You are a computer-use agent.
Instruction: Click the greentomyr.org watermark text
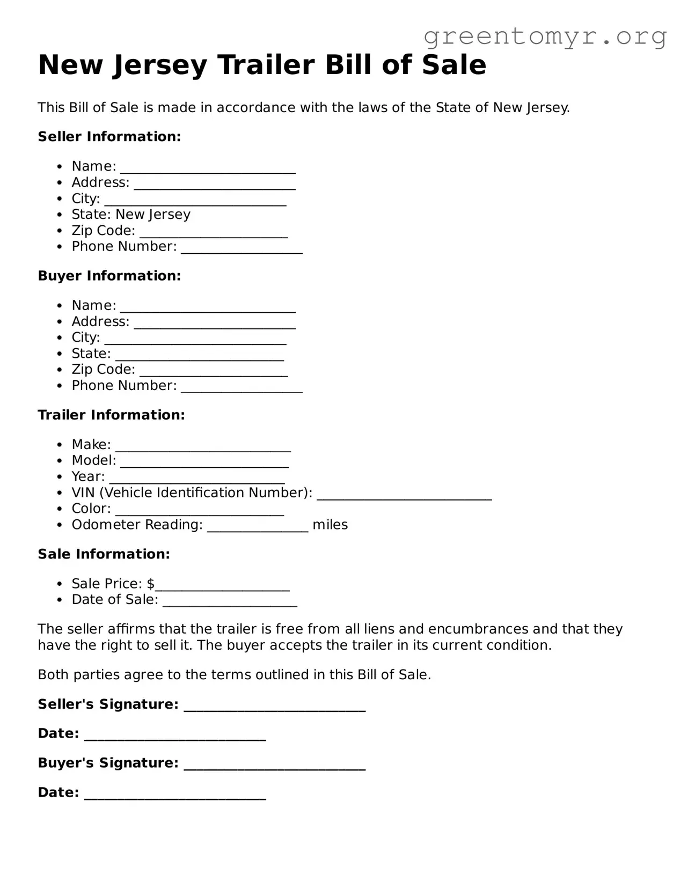coord(545,36)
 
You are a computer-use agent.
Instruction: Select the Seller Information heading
coord(109,137)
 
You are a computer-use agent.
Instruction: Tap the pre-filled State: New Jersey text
coord(131,215)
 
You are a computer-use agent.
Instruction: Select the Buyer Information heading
coord(109,276)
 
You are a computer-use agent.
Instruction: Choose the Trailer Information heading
coord(111,415)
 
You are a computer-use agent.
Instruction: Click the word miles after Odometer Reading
coord(330,525)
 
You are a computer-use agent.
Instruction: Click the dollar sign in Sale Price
coord(150,584)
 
